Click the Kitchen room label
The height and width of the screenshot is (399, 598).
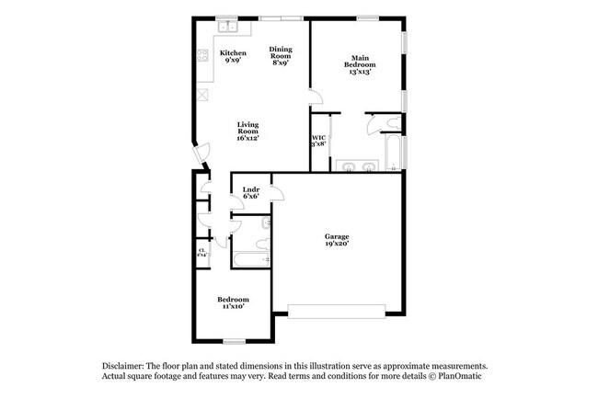(233, 57)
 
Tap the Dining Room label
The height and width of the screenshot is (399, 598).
(281, 56)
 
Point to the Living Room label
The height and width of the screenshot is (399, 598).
(247, 131)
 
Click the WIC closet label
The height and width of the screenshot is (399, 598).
(318, 141)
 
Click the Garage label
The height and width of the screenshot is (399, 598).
(337, 240)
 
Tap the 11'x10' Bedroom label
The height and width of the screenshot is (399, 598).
(233, 302)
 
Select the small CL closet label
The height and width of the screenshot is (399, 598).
(201, 251)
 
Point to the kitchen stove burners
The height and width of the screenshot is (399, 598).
(202, 58)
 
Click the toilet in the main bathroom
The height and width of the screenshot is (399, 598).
(393, 123)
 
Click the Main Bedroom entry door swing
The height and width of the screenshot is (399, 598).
(316, 99)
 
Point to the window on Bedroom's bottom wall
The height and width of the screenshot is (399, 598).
(234, 341)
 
